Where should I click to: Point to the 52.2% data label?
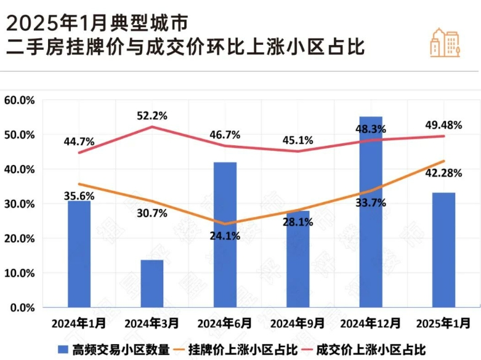152,115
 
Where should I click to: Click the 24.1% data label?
225,235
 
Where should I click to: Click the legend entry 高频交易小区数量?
114,350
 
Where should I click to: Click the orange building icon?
445,42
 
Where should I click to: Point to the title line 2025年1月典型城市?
95,23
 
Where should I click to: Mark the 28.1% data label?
298,222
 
